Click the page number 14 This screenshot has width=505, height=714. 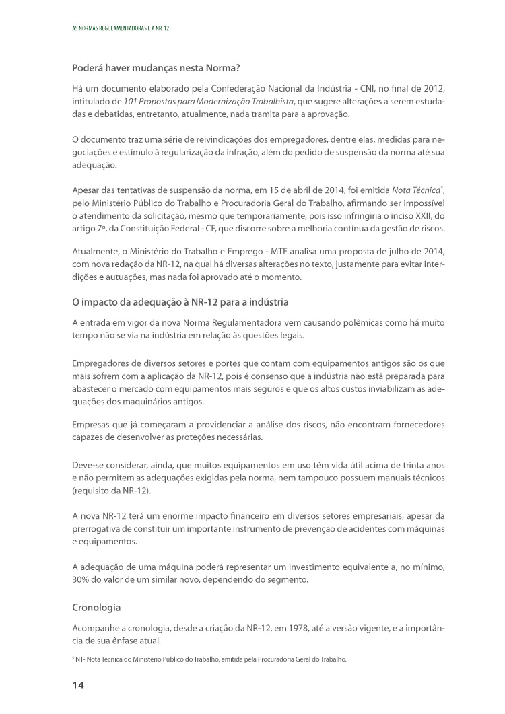pyautogui.click(x=78, y=685)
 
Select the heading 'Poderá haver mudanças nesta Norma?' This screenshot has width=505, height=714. pyautogui.click(x=156, y=68)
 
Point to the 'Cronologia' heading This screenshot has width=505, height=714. pyautogui.click(x=96, y=607)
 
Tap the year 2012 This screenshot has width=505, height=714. pyautogui.click(x=433, y=89)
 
